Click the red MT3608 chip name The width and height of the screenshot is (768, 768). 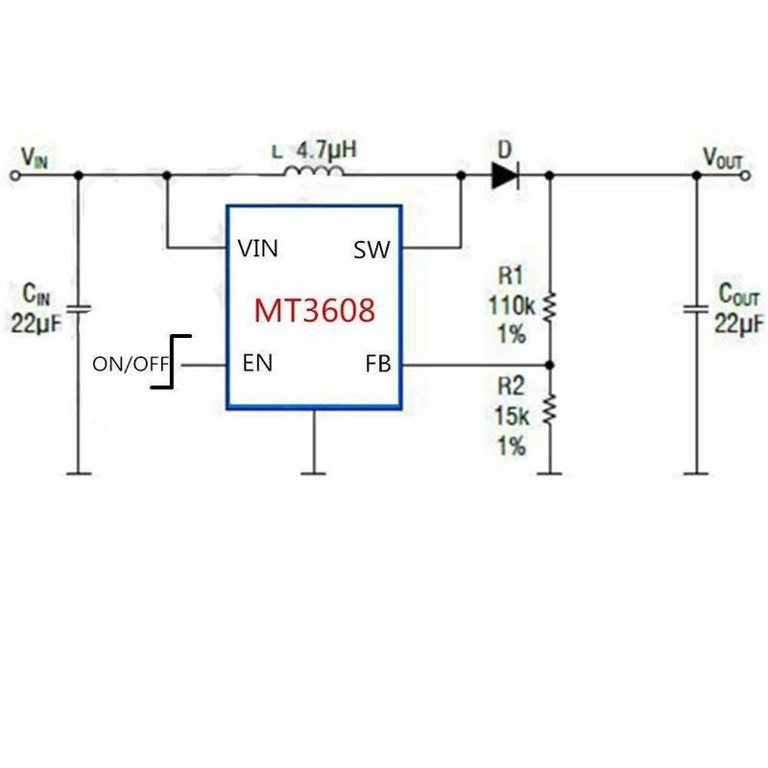313,310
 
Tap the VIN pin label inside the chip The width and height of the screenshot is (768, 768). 258,250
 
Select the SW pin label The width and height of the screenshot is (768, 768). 372,251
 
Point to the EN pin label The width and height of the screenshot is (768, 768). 257,363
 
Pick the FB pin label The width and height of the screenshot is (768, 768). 377,364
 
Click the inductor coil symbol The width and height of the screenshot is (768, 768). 314,173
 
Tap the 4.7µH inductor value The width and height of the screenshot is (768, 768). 322,151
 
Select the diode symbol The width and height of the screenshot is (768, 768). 505,175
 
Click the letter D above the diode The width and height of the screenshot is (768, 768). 505,150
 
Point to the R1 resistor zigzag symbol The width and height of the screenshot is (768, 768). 550,307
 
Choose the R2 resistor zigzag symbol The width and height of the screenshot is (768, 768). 550,411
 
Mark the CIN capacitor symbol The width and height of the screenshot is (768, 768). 79,307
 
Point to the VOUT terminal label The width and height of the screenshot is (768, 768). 723,156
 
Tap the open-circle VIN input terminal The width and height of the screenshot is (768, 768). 13,175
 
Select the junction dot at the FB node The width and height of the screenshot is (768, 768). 550,365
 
